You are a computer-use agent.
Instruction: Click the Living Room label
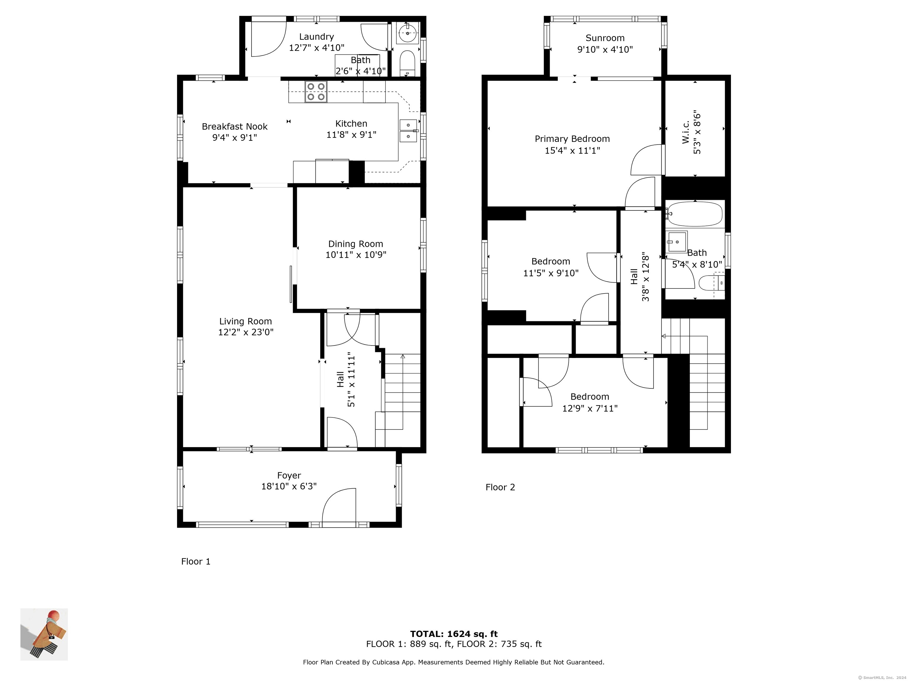(x=245, y=321)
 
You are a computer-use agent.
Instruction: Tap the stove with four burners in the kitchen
(x=316, y=92)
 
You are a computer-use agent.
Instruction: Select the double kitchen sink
(x=408, y=131)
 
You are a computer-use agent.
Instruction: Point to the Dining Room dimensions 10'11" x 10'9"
(x=356, y=255)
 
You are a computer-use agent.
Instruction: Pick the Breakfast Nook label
(x=235, y=127)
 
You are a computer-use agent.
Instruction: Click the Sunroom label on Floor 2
(x=605, y=38)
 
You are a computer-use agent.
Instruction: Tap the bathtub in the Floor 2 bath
(x=695, y=214)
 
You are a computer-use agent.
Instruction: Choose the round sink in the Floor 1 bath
(x=408, y=33)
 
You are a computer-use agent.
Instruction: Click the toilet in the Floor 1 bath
(x=407, y=64)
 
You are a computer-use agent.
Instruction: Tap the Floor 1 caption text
(x=196, y=562)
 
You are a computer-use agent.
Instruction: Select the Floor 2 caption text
(x=500, y=487)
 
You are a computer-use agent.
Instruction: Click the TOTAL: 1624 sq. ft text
(x=454, y=634)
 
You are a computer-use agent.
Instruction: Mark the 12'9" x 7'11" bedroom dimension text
(x=590, y=408)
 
